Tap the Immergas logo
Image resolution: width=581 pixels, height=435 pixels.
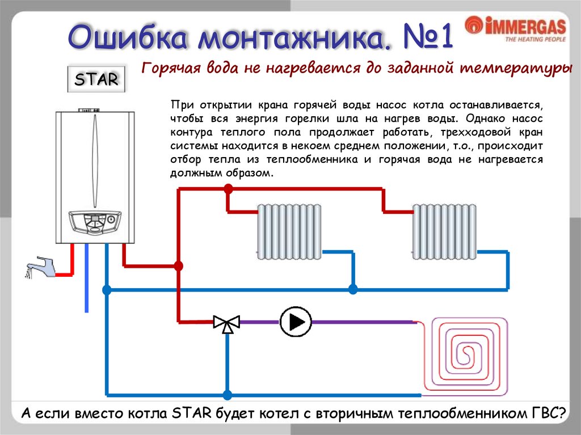[515, 29]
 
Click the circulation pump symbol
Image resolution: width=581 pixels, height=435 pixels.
[296, 322]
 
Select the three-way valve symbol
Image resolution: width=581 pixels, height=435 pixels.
[227, 323]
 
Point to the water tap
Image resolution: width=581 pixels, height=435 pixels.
[41, 267]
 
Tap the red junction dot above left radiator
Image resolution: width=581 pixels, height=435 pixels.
[228, 190]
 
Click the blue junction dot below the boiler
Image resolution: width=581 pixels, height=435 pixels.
[107, 290]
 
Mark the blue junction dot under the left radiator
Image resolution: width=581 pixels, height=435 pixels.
[353, 290]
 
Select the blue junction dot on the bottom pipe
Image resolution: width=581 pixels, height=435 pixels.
[227, 395]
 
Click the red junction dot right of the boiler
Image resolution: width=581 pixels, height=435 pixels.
[179, 265]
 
